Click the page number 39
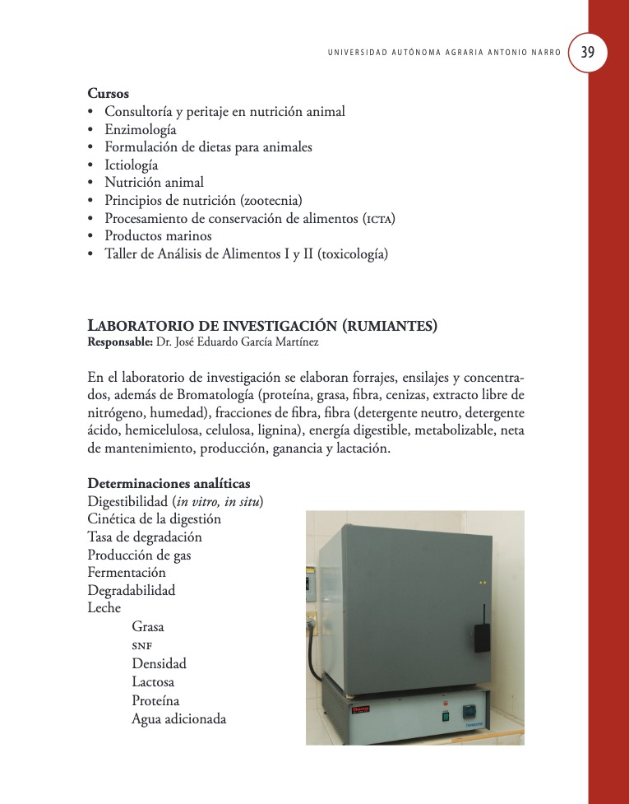pos(588,52)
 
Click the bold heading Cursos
pos(109,94)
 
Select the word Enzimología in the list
pos(141,129)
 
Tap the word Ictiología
pos(132,165)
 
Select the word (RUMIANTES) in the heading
pos(389,326)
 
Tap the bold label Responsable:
pos(119,342)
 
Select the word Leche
pos(104,608)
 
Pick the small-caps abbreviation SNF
pos(144,645)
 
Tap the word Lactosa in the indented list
pos(153,682)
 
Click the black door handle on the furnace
pos(482,635)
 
